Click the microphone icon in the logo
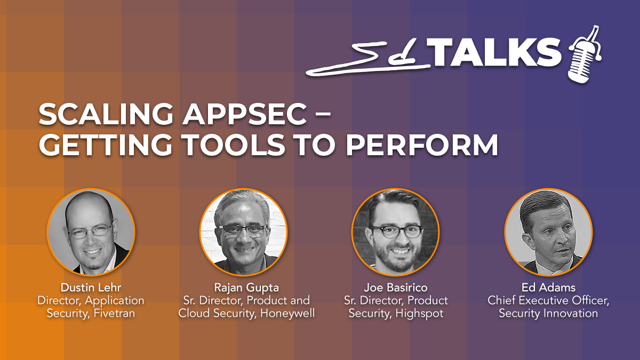pos(585,55)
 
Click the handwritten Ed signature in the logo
pos(369,59)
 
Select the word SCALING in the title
pos(106,114)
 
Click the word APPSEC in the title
pos(245,114)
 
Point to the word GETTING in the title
pos(106,145)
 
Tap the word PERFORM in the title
pos(422,145)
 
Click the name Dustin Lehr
pos(91,287)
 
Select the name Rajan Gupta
pos(246,287)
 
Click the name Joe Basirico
pos(396,287)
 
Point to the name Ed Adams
pos(548,287)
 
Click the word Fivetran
pos(114,313)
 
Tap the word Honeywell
pos(287,314)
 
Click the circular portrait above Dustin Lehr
pos(91,232)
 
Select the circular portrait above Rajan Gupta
pos(243,232)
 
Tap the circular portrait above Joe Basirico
pos(396,232)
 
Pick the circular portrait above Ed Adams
pos(549,232)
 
